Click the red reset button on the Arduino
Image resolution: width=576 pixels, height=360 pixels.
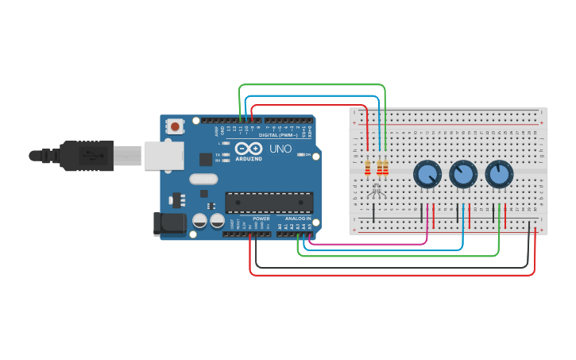[x=175, y=126]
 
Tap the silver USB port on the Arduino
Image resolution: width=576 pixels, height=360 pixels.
[x=164, y=156]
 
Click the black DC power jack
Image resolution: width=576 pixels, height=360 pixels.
[x=169, y=223]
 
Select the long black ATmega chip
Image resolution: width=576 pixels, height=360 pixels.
[x=269, y=203]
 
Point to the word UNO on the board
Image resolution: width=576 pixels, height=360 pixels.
[x=280, y=149]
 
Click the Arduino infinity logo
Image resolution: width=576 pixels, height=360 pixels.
[x=248, y=149]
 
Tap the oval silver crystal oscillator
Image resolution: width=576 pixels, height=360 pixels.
[x=203, y=180]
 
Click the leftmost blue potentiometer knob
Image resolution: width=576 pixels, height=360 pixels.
[x=427, y=174]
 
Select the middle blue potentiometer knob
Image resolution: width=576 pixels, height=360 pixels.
[x=462, y=174]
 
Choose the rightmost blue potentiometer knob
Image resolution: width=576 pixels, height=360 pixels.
[x=499, y=174]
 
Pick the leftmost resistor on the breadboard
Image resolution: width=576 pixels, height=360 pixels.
[x=367, y=168]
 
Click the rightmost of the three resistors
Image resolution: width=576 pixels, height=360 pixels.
[x=386, y=168]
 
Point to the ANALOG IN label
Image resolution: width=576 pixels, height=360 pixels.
[x=299, y=219]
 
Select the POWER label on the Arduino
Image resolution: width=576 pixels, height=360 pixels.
[x=261, y=219]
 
